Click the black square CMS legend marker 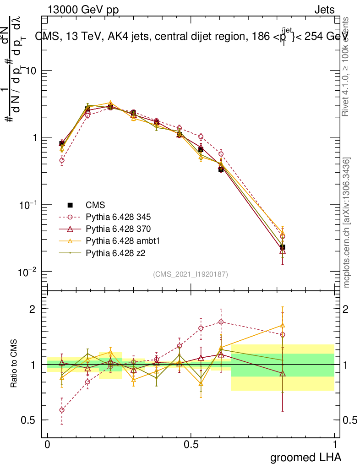70,205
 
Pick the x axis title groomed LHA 305,458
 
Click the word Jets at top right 324,10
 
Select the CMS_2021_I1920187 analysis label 191,274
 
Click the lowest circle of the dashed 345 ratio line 62,410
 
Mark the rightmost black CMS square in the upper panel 283,247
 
